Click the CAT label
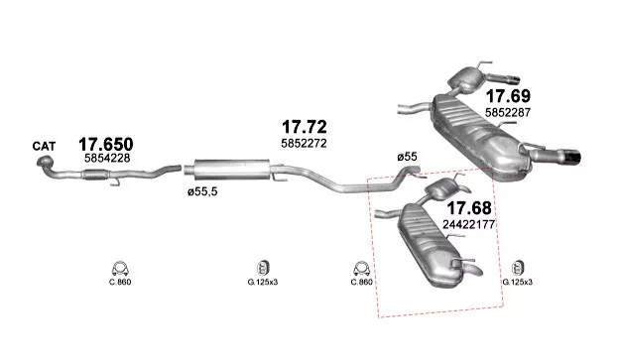coord(44,147)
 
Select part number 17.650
coord(106,145)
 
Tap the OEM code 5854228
coord(107,159)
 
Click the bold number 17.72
coord(304,127)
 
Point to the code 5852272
coord(304,143)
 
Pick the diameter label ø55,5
coord(202,192)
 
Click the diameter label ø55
coord(407,157)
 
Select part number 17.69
coord(508,96)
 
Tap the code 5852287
coord(508,112)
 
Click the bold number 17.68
coord(469,208)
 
